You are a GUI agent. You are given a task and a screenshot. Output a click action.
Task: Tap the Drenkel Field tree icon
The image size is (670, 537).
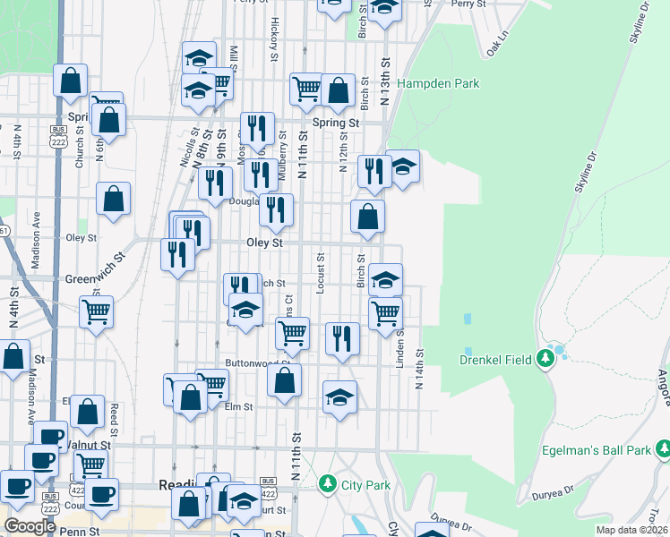point(546,360)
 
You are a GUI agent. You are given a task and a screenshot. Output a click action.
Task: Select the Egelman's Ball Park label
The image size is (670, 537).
point(595,450)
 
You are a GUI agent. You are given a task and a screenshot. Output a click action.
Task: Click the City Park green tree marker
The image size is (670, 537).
point(328,485)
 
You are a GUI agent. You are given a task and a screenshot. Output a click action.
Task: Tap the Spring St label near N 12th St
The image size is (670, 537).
point(336,123)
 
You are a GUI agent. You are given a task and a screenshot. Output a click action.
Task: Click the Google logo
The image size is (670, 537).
point(30,526)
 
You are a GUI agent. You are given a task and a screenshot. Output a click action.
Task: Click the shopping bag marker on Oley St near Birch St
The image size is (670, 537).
point(367,217)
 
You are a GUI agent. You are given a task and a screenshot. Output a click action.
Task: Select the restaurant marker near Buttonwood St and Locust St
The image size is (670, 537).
point(342,338)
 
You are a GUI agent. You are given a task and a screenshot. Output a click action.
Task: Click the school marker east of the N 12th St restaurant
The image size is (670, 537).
point(403,166)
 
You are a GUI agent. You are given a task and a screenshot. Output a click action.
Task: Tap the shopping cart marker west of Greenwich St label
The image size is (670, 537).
point(96,312)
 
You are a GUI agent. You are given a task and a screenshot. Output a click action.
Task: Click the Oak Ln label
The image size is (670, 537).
point(497,42)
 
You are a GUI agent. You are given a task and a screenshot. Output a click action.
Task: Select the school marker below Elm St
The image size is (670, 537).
point(339,397)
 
